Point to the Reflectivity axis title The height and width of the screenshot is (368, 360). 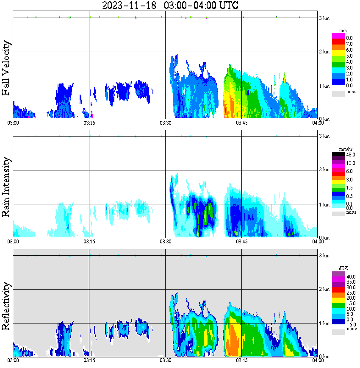coord(6,308)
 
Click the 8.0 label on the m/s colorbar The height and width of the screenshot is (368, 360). coord(349,38)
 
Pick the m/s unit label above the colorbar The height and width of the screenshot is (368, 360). coord(344,31)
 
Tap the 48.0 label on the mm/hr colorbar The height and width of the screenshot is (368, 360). coord(350,155)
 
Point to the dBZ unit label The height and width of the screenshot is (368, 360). coord(343,268)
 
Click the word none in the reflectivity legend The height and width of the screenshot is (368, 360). coord(352,329)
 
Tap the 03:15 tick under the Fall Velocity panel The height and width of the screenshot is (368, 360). coord(89,123)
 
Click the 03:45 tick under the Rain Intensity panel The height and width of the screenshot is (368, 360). coord(241,242)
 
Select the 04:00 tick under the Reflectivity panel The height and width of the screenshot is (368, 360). coord(318,361)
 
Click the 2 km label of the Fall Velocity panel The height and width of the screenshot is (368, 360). coord(324,52)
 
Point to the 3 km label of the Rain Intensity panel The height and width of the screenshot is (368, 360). coord(324,136)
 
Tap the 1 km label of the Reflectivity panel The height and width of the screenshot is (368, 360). coord(324,323)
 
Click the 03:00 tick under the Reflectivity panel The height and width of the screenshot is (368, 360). coord(13,361)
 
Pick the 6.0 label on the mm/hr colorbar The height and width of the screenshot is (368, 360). coord(349,171)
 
